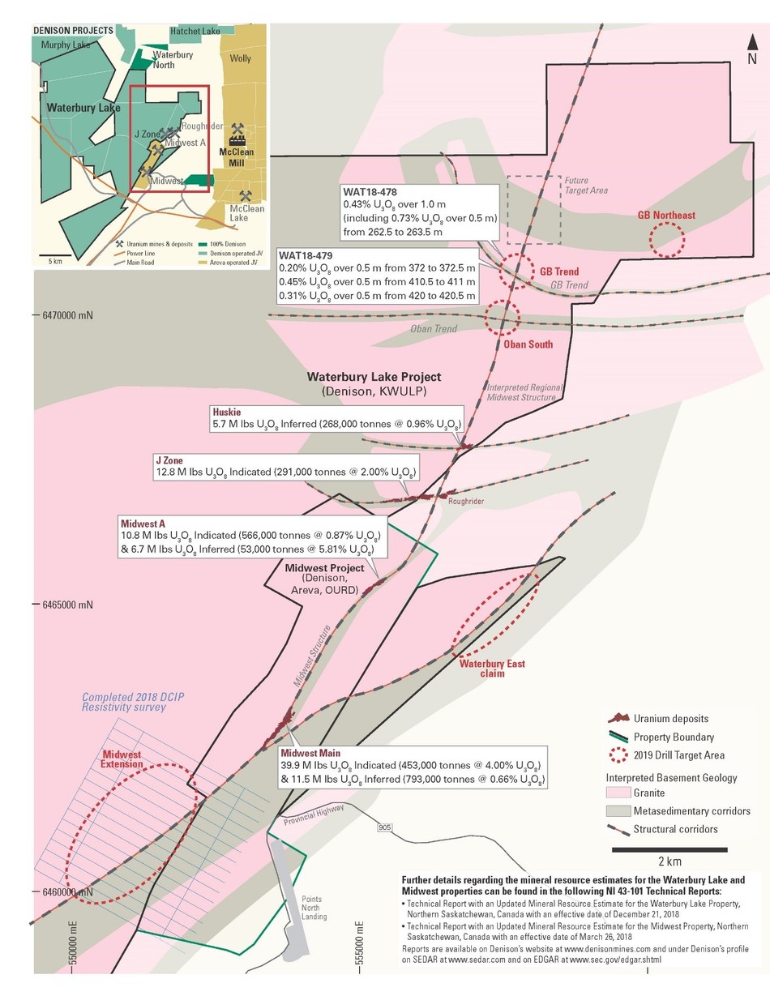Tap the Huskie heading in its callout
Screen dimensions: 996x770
coord(225,411)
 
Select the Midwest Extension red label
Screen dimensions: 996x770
coord(122,759)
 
